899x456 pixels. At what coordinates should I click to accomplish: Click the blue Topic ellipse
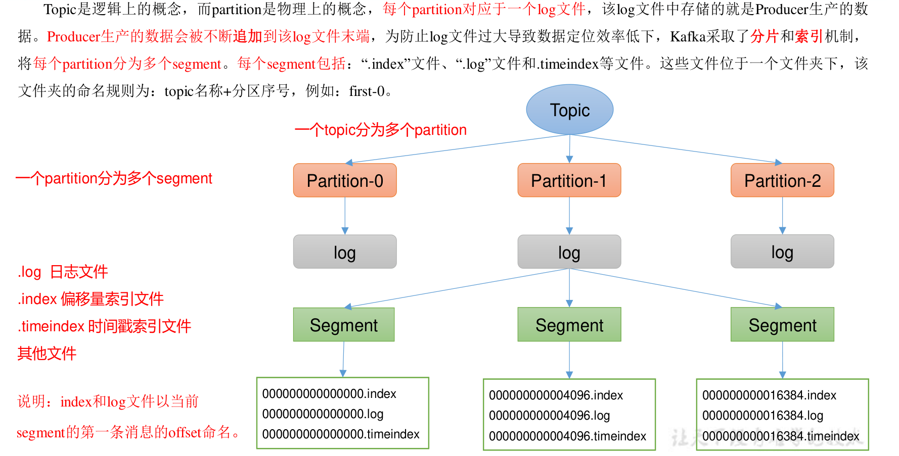point(569,110)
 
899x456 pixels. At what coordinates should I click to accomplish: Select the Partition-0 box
point(345,180)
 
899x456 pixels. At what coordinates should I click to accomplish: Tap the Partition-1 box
point(569,180)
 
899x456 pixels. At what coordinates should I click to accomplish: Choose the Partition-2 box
point(782,180)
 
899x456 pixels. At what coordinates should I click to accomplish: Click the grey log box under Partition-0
point(345,252)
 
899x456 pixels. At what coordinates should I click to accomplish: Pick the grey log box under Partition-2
point(782,251)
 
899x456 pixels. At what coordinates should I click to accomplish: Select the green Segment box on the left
point(344,325)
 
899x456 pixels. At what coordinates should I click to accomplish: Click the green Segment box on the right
point(782,325)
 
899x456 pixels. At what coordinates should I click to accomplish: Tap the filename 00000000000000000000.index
point(329,393)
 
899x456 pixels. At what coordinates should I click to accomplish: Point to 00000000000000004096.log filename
point(549,416)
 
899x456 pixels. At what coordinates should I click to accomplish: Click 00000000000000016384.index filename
point(769,395)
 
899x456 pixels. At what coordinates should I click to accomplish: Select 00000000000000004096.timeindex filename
point(567,436)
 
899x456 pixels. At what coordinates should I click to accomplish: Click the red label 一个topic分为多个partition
point(380,130)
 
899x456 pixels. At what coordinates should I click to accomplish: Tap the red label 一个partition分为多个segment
point(114,178)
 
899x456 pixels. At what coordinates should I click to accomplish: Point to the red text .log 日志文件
point(63,272)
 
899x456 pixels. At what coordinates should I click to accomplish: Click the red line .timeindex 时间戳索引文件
point(104,326)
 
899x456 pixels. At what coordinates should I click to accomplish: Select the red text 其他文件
point(47,353)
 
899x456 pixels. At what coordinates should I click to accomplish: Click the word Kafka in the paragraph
point(688,36)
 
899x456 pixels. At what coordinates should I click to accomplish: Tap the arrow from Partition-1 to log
point(569,216)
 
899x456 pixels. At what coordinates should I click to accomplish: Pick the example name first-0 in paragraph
point(367,91)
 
